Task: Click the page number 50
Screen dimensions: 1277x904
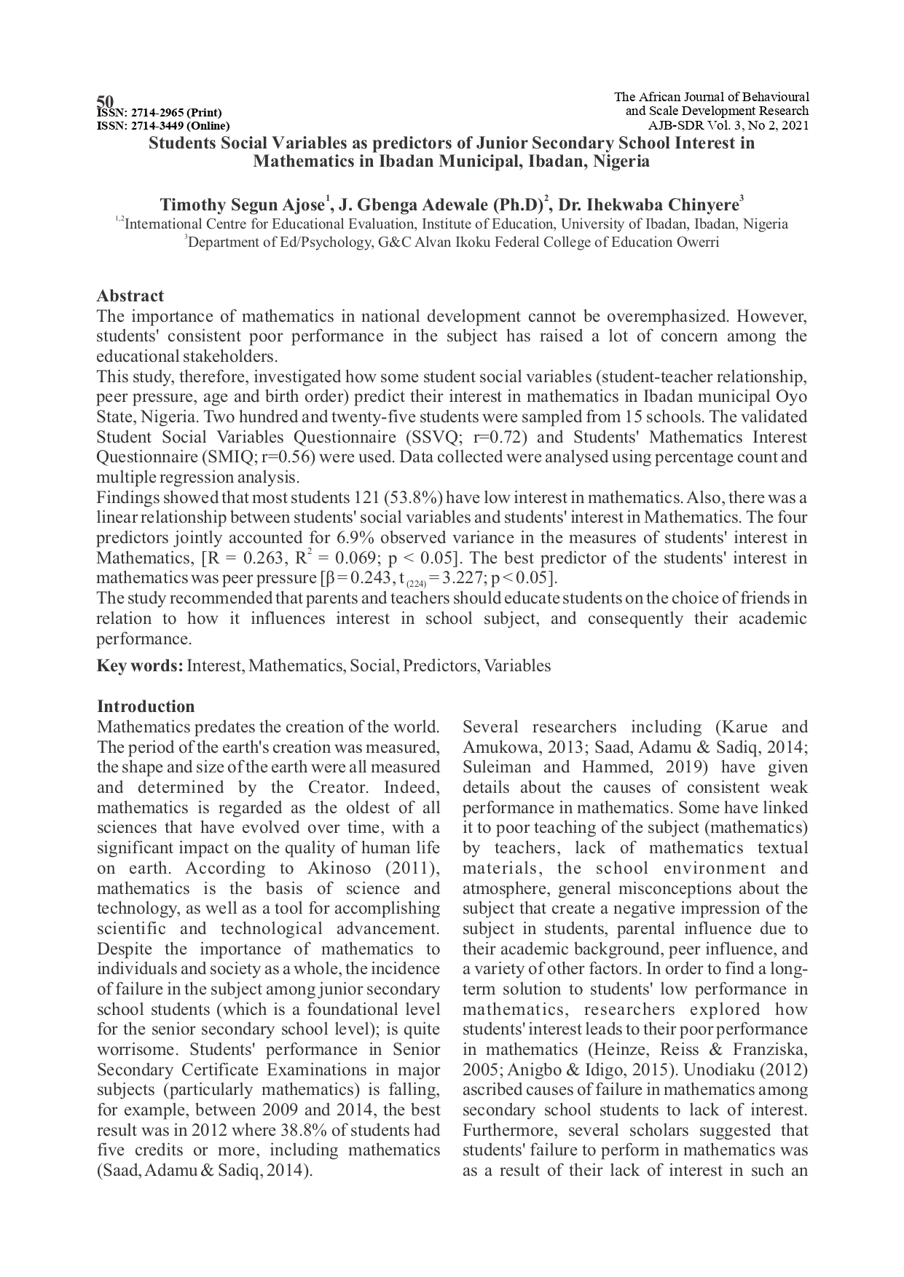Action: (x=106, y=100)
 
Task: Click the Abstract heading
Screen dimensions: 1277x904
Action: (x=130, y=296)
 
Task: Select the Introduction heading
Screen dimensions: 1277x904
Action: (x=146, y=706)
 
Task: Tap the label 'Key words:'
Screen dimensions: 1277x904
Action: (x=140, y=665)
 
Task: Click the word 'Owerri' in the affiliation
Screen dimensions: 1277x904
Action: (x=696, y=242)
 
